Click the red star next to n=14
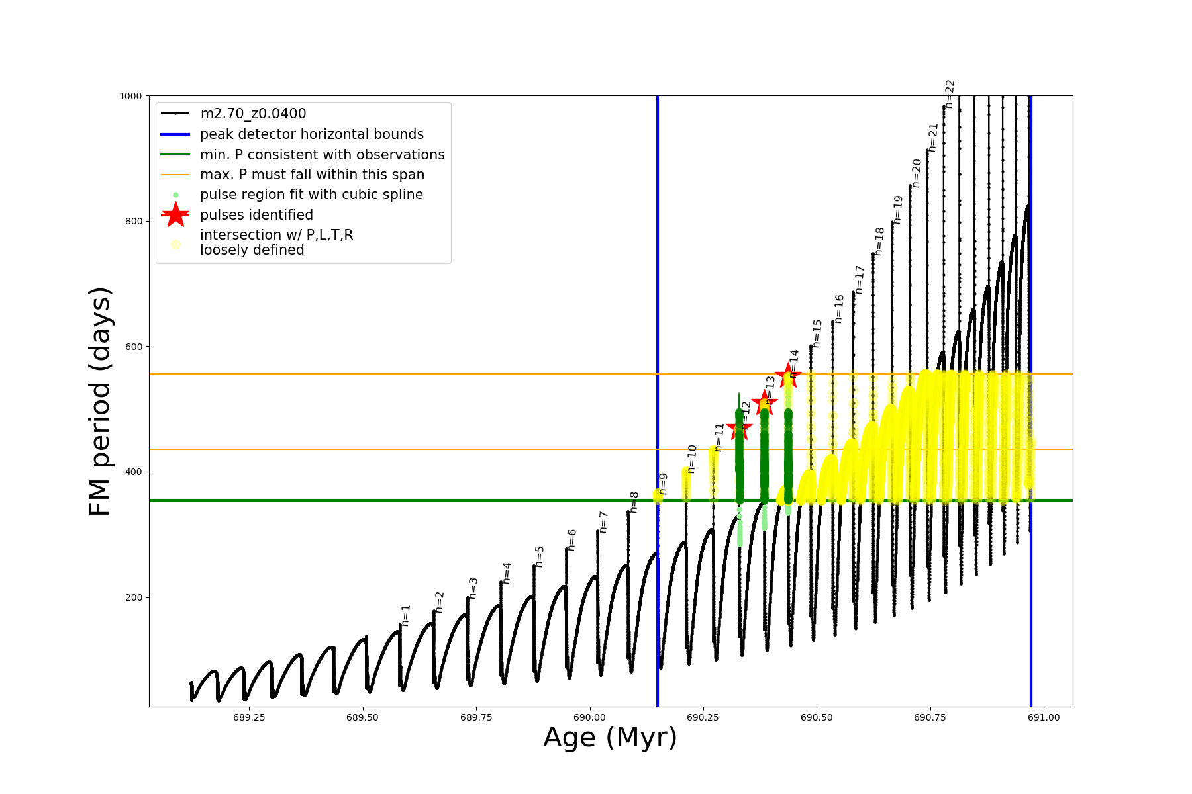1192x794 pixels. (x=788, y=375)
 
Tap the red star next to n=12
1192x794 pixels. (x=739, y=428)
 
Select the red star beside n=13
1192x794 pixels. (x=764, y=402)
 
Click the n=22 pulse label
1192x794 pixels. (x=950, y=93)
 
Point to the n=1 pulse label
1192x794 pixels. (x=406, y=615)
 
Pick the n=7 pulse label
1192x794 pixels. (x=603, y=522)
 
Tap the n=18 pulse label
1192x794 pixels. (x=879, y=241)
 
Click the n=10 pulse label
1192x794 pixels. (x=692, y=459)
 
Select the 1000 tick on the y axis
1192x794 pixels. (x=130, y=96)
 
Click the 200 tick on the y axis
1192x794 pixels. (x=134, y=597)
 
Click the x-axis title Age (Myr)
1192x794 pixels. (x=610, y=738)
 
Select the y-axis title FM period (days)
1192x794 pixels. (x=99, y=401)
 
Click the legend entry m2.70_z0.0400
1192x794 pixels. (x=253, y=114)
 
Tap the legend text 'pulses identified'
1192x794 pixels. (x=256, y=215)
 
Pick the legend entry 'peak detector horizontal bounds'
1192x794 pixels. (x=311, y=134)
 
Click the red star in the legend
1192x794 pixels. (x=175, y=214)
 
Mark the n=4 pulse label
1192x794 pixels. (x=507, y=572)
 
